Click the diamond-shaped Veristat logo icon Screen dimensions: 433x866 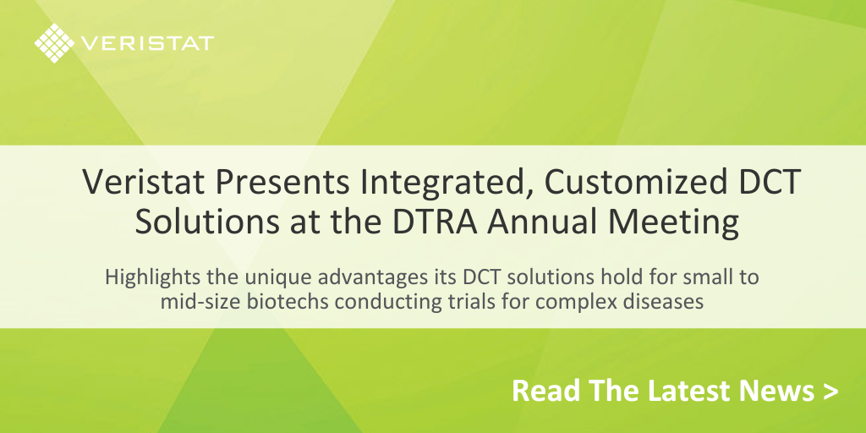click(x=53, y=43)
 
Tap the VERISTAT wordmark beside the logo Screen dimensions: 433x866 click(x=148, y=43)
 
